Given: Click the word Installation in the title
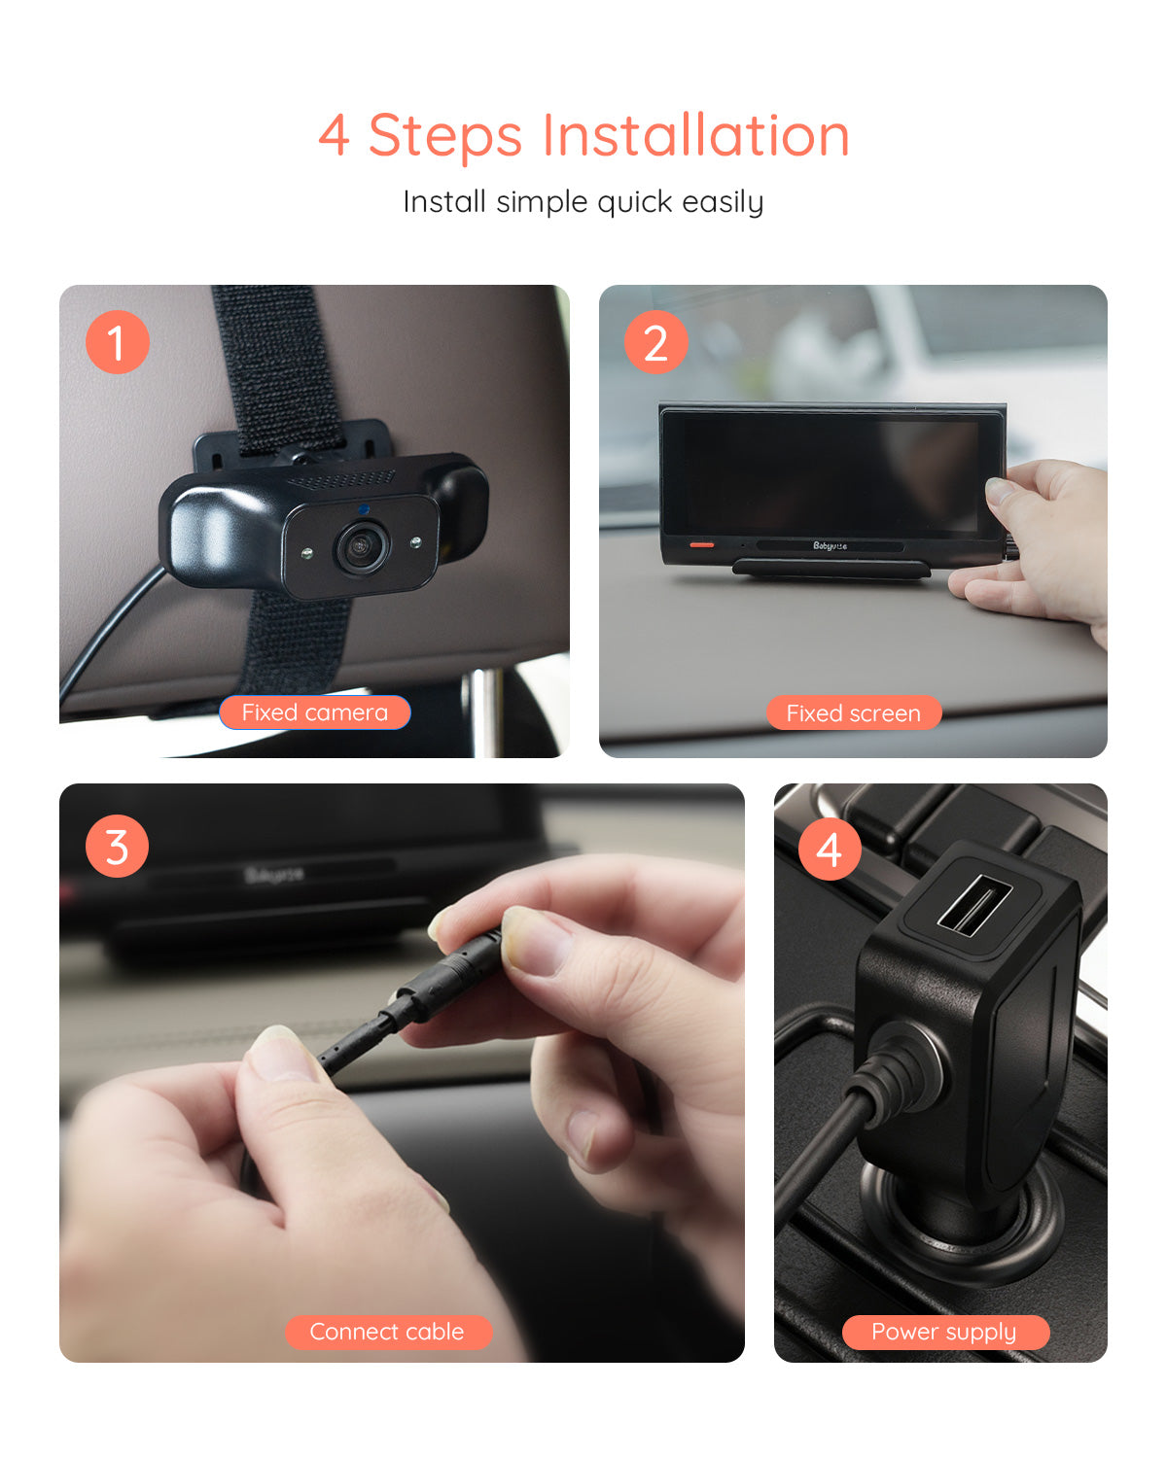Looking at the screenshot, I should (695, 135).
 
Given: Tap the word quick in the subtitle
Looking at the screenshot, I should (634, 202).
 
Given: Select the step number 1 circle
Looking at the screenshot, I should (117, 342).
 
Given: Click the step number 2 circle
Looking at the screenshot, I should (655, 342).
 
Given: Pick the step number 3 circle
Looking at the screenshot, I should (117, 847).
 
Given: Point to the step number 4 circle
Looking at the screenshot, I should (830, 849).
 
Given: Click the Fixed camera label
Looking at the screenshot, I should (314, 712).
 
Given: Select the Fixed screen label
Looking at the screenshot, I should (853, 713).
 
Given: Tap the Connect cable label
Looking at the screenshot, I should (387, 1332).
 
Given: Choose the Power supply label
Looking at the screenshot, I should (944, 1332).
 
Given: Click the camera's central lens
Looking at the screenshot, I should (363, 548).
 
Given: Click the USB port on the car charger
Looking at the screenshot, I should (974, 904).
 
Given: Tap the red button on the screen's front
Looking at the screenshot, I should (701, 544).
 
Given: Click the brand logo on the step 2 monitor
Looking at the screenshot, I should (830, 545).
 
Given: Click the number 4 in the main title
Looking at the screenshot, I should (334, 135).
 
